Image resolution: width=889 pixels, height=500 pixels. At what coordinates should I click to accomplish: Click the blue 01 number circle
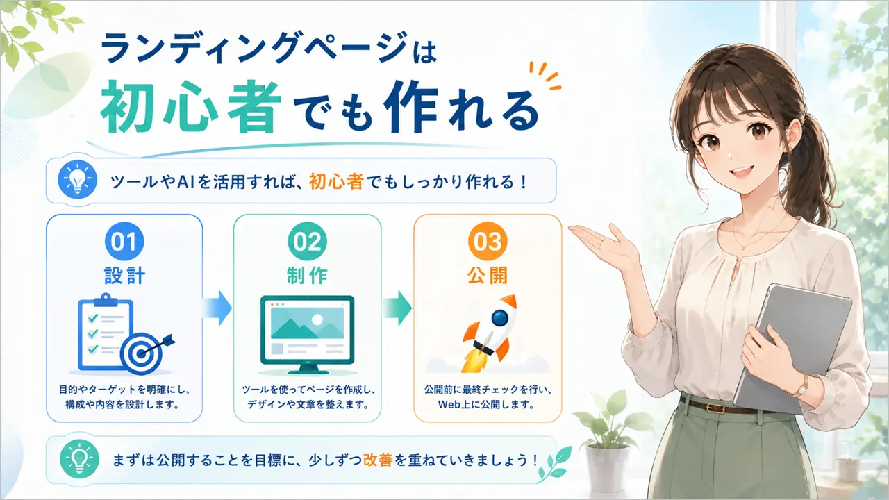click(x=124, y=241)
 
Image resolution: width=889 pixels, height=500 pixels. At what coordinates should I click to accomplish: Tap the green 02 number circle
click(x=307, y=241)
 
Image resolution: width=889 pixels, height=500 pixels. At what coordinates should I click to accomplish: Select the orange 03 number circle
click(x=488, y=241)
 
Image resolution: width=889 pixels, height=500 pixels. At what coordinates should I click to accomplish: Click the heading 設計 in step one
click(x=124, y=276)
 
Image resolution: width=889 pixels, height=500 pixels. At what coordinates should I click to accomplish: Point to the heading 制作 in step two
click(x=307, y=276)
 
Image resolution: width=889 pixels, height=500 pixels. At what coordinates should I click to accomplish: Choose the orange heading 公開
click(x=488, y=276)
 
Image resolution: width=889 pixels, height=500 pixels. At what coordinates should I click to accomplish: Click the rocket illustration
click(x=490, y=333)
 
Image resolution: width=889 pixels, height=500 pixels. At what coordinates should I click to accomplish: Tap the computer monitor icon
click(x=307, y=335)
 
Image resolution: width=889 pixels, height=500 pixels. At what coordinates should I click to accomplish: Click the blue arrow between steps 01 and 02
click(x=217, y=308)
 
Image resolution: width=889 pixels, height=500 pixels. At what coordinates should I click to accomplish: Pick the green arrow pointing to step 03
click(x=397, y=308)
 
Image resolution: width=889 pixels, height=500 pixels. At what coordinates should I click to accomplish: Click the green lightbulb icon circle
click(x=79, y=459)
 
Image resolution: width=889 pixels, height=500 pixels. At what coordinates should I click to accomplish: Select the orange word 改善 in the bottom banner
click(x=378, y=460)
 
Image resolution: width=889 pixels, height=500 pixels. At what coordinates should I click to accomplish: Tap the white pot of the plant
click(x=608, y=468)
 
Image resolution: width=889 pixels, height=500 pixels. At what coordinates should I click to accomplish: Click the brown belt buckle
click(x=715, y=408)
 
